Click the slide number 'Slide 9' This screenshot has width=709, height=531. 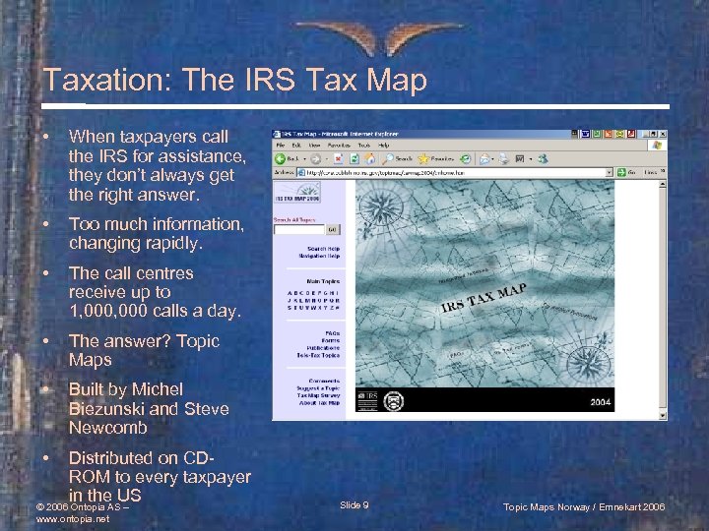pos(354,504)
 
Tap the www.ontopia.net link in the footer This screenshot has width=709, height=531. pos(72,518)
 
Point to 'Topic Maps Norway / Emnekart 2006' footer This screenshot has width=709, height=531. pos(584,505)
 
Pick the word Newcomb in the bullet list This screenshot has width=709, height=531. pos(108,428)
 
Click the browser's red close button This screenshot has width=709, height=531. pos(660,133)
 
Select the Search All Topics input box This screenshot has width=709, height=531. pos(298,230)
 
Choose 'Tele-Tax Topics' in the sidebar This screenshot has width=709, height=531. pos(319,355)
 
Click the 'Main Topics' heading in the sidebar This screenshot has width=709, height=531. pos(321,279)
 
